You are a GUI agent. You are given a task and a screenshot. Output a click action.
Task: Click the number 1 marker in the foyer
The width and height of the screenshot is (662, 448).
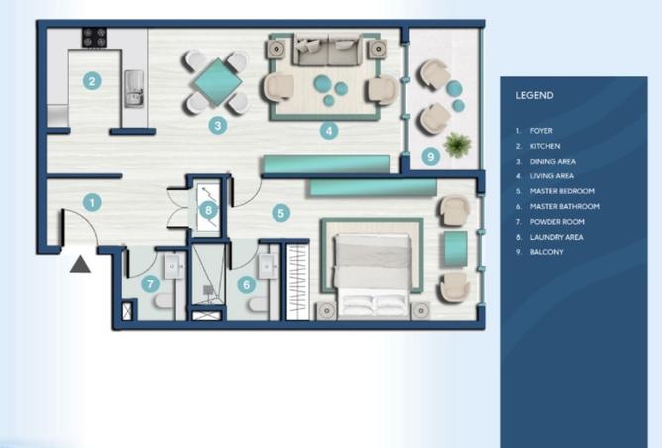tap(91, 202)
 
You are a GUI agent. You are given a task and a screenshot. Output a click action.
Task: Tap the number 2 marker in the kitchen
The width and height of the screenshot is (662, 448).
tap(91, 81)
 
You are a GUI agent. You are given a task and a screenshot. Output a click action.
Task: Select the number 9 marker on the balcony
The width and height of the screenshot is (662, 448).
tap(429, 156)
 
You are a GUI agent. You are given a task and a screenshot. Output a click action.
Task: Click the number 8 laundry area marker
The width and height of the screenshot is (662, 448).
tap(208, 208)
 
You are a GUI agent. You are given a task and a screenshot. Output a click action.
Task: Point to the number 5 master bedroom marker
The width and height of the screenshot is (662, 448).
tap(281, 212)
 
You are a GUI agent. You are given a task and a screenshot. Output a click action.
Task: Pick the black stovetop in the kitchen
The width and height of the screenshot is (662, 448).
tap(94, 38)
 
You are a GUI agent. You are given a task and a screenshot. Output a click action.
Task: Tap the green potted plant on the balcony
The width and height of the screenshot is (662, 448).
tap(456, 145)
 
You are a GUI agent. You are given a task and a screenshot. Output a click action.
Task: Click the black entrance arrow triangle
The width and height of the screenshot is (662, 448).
tap(80, 263)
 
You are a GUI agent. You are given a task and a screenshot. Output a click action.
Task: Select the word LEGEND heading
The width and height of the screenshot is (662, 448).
tap(534, 96)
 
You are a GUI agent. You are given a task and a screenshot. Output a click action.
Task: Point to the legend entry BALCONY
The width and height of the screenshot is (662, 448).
tap(546, 253)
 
